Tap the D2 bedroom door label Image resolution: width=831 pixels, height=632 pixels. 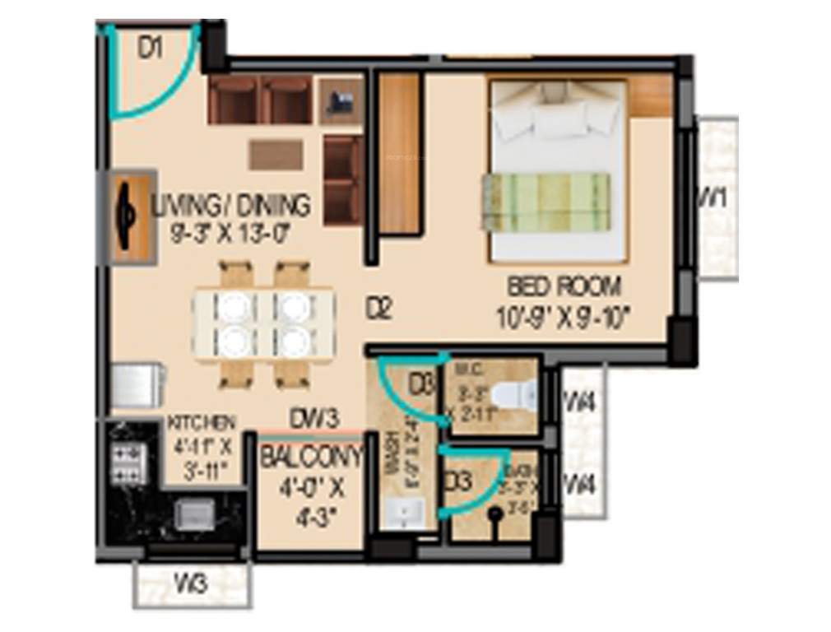coord(379,310)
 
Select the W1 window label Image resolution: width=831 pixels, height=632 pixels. coord(713,197)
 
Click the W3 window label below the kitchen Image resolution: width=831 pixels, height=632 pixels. coord(190,587)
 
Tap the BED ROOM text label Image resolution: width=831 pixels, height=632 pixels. coord(564,286)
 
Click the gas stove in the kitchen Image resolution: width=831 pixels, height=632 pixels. coord(128,464)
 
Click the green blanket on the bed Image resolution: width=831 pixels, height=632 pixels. coord(546,202)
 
